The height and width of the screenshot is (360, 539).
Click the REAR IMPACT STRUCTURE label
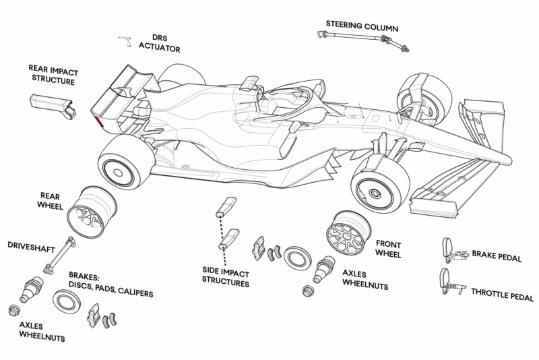point(52,75)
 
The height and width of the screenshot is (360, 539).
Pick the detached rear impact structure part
point(53,104)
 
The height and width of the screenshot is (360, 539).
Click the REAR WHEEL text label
point(51,201)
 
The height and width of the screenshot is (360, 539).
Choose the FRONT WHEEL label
point(389,249)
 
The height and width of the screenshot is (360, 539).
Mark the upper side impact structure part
point(224,206)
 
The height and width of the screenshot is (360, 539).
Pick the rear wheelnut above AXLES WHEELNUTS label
point(14,311)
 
